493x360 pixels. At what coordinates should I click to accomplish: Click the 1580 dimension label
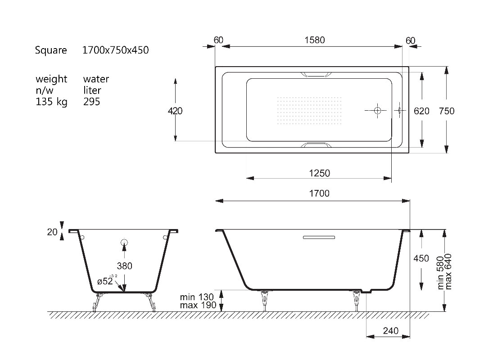coord(314,40)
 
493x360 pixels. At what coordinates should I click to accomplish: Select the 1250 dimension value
coord(320,173)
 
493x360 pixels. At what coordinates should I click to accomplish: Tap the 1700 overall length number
coord(319,193)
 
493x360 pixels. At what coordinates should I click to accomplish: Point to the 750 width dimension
coord(447,111)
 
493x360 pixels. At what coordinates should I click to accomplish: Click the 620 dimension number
coord(421,111)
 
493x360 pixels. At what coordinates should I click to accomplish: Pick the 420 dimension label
coord(175,111)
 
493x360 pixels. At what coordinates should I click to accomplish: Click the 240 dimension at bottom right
coord(391,331)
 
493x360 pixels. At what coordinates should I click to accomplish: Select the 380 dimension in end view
coord(125,266)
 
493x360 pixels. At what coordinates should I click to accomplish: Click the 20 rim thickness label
coord(52,232)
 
